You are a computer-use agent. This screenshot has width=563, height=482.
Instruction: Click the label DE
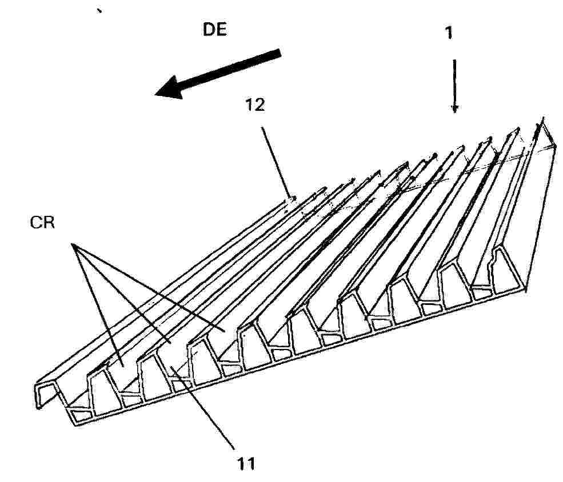point(215,29)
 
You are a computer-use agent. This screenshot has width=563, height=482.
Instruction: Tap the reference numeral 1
point(449,33)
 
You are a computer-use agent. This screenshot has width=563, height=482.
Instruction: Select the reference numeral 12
point(255,105)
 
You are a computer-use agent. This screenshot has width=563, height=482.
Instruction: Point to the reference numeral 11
point(246,463)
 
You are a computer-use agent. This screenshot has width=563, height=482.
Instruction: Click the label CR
point(42,223)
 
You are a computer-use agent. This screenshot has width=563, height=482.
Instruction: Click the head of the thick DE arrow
point(170,87)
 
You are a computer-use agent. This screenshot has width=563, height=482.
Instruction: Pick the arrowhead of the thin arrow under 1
point(455,108)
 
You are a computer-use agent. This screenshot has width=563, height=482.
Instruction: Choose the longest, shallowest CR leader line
point(149,287)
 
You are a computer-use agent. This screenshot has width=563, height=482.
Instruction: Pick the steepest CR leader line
point(99,306)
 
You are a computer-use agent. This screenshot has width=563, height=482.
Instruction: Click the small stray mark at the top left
point(99,11)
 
